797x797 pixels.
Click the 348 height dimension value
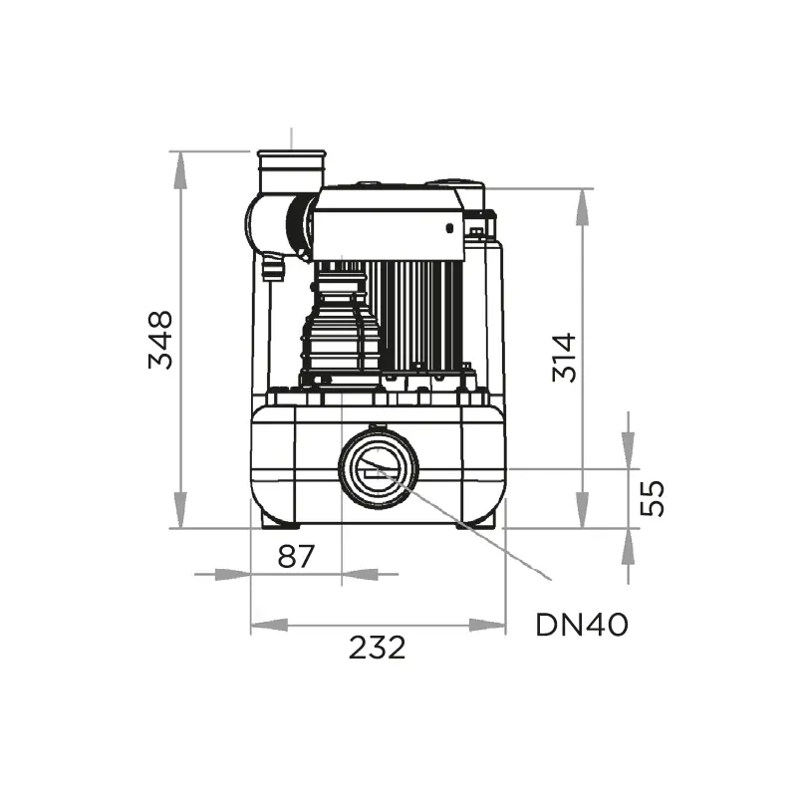(160, 340)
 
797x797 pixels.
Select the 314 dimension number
(564, 358)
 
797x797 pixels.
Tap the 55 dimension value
(652, 498)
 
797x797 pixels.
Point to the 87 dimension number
(296, 556)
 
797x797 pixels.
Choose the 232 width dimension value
(378, 647)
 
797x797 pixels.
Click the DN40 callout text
(582, 625)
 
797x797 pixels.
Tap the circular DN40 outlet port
(379, 468)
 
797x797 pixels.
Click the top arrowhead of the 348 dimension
(180, 170)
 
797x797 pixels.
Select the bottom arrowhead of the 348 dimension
(180, 510)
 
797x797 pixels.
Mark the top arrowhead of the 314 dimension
(583, 207)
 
